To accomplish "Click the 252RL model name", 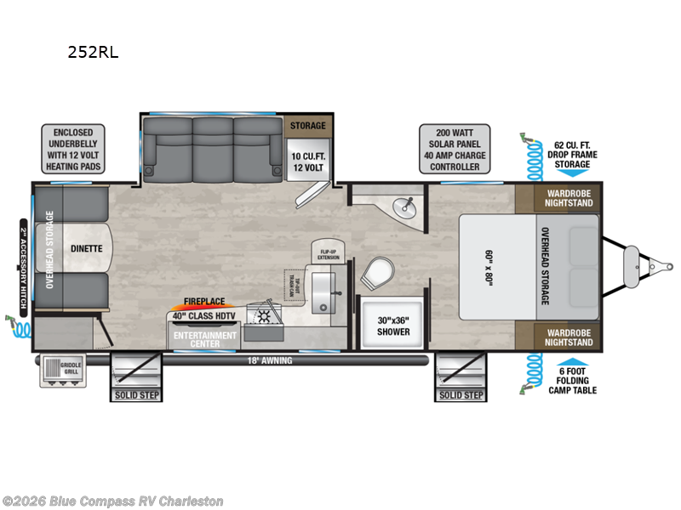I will [93, 52].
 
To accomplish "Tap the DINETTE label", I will [86, 248].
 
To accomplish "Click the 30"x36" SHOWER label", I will [392, 326].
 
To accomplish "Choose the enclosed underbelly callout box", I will [72, 149].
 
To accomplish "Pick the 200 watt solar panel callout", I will [452, 149].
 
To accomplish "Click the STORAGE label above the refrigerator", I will [307, 126].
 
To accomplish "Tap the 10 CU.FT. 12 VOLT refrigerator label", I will [307, 162].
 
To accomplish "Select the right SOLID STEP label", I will [461, 394].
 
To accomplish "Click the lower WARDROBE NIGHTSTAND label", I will [568, 337].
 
